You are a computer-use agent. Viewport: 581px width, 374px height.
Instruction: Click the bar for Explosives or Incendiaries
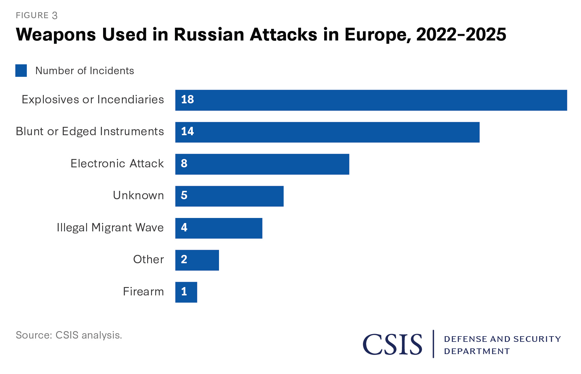pos(371,100)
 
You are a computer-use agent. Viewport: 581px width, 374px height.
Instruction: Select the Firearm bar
pos(186,292)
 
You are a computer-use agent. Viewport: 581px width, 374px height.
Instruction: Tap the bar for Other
pos(197,260)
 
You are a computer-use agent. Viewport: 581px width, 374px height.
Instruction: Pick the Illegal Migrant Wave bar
pos(219,228)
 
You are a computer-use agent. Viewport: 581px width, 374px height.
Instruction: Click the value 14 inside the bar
pos(187,131)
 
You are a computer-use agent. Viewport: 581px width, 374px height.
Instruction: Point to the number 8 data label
pos(184,163)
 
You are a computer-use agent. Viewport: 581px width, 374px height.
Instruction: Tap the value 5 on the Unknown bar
pos(184,195)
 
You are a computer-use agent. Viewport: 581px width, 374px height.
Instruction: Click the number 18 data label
pos(187,99)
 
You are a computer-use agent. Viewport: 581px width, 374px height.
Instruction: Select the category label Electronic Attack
pos(117,163)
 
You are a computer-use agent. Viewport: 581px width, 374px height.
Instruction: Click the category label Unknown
pos(138,195)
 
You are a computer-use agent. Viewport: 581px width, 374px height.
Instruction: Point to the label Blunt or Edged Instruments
pos(90,131)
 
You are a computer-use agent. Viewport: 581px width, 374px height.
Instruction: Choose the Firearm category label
pos(143,292)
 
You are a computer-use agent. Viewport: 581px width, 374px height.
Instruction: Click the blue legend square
pos(21,71)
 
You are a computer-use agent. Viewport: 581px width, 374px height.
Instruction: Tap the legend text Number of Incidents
pos(85,71)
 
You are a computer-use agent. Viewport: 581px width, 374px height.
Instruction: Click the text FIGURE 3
pos(37,15)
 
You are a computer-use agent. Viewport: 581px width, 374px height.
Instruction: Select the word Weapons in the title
pos(56,35)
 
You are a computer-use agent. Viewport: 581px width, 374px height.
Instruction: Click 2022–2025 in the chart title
pos(461,35)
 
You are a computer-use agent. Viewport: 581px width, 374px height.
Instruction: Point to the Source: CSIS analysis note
pos(69,335)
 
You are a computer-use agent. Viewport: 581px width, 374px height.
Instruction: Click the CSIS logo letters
pos(392,344)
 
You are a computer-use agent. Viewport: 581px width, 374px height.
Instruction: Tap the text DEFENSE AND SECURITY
pos(502,339)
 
